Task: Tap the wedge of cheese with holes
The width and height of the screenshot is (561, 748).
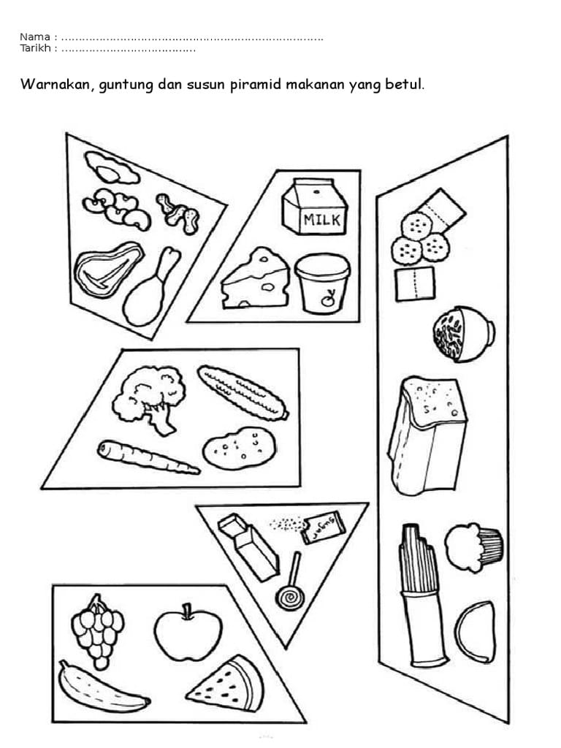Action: pos(256,278)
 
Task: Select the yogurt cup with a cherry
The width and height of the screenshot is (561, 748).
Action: pos(322,283)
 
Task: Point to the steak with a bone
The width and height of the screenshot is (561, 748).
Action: pos(108,270)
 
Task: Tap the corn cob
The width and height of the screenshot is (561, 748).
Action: pos(243,392)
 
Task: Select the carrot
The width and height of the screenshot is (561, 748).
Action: pos(148,457)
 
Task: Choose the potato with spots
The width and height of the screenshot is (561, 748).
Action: pos(240,449)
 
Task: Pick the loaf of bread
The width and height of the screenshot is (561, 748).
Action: pos(427,435)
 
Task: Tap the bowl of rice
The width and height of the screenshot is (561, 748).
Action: pos(463,334)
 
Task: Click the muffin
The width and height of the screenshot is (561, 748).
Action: pos(473,547)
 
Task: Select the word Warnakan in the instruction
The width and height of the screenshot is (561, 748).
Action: pos(53,85)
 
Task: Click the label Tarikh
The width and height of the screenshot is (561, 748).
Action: pos(35,48)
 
